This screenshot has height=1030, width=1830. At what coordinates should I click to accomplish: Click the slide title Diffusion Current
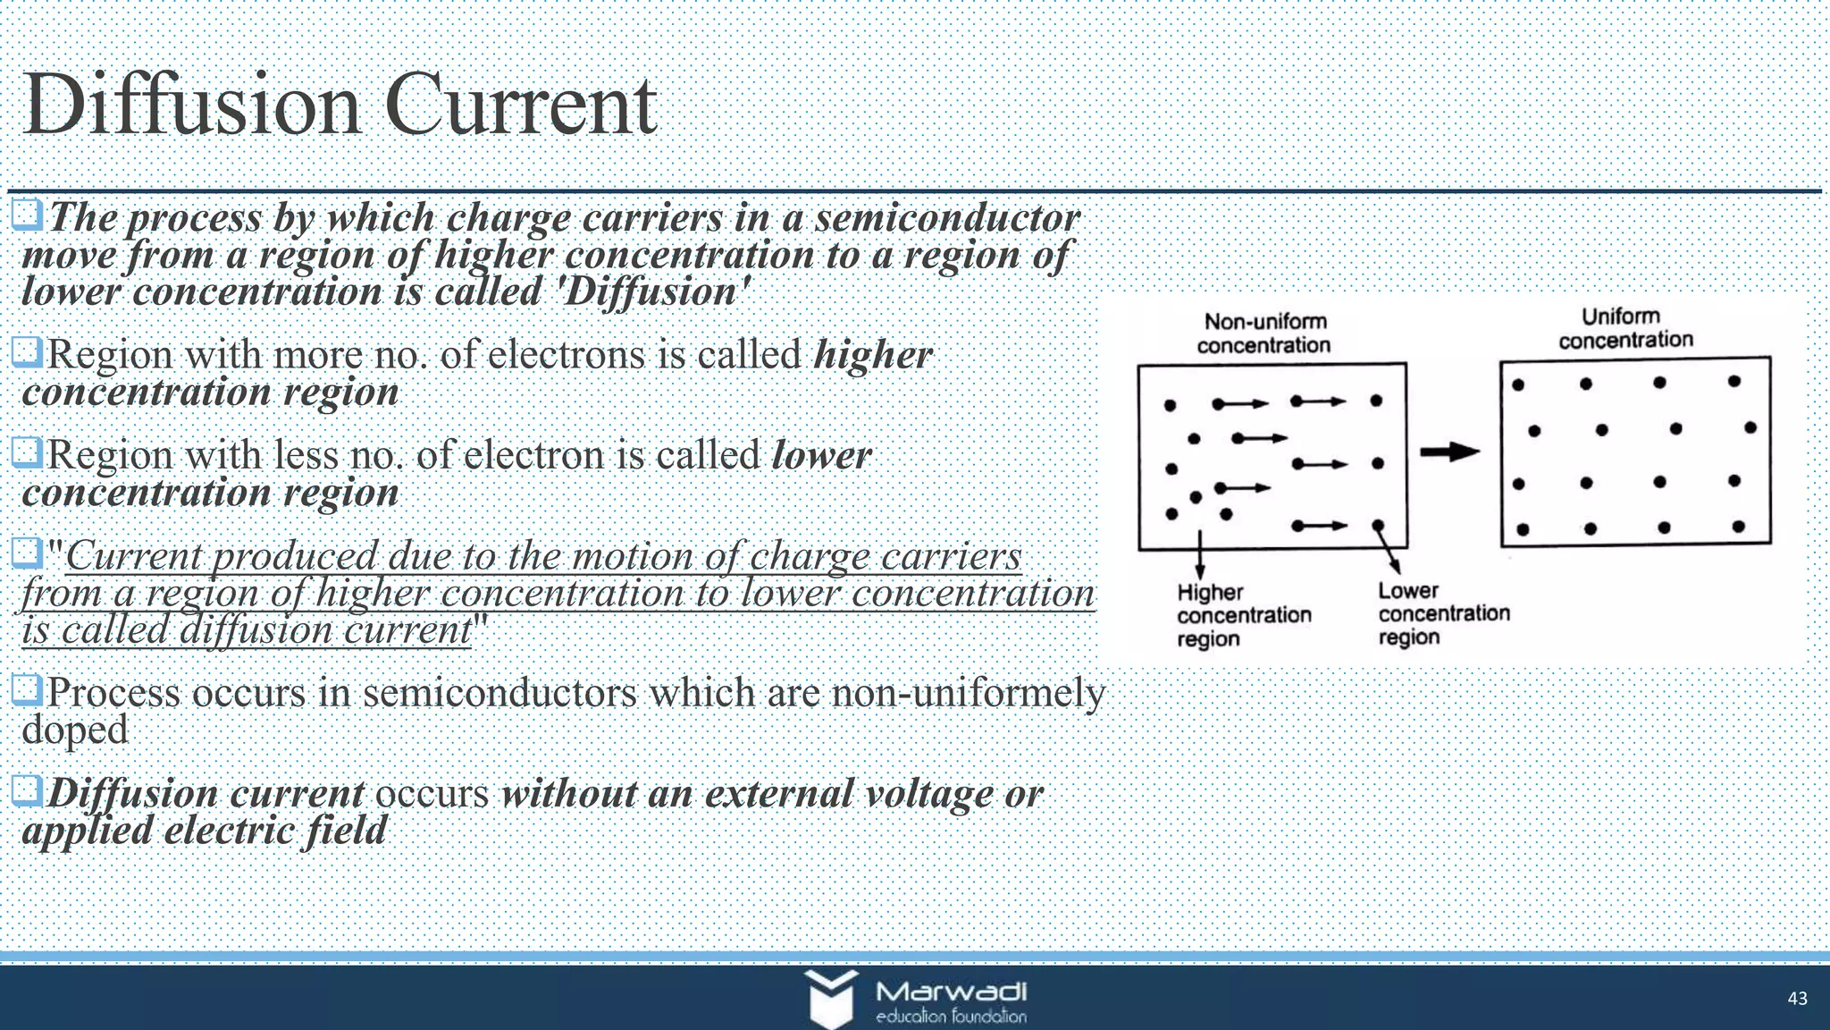point(340,106)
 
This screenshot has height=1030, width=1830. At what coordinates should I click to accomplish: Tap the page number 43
point(1797,999)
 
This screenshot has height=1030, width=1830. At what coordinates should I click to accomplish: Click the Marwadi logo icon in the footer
point(831,997)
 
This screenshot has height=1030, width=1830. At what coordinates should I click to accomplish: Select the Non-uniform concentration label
point(1263,333)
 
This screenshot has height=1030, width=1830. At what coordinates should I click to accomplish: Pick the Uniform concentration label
point(1625,328)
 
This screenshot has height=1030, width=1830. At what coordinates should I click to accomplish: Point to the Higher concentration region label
point(1243,615)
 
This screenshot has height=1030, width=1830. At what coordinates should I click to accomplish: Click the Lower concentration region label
point(1443,613)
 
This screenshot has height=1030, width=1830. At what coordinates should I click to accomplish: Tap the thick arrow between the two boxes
point(1449,452)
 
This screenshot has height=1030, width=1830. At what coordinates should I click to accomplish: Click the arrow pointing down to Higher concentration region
point(1199,554)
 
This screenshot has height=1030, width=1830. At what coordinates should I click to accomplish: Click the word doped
point(75,730)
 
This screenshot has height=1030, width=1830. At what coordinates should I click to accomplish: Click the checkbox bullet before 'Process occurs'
point(28,689)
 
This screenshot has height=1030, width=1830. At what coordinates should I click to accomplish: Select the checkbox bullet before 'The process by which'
point(28,215)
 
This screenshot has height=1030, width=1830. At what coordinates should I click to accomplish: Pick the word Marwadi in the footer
point(951,992)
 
